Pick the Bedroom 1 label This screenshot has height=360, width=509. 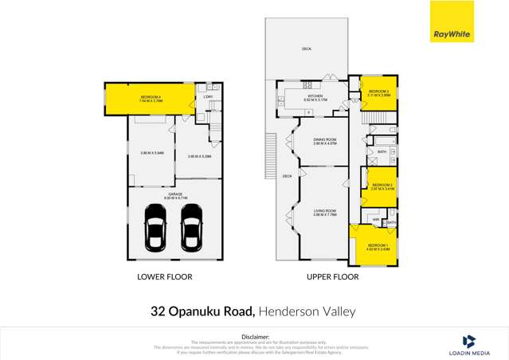point(378,246)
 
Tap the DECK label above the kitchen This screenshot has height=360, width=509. point(307,49)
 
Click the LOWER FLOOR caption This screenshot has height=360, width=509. point(164,277)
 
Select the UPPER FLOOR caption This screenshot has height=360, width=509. point(333,277)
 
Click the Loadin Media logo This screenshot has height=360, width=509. point(470,344)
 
